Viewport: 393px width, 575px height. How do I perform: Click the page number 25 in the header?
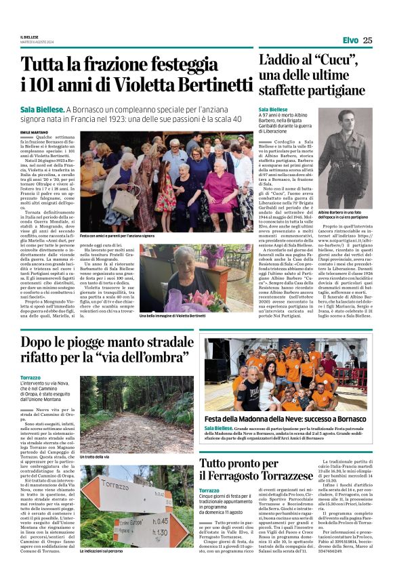pyautogui.click(x=367, y=40)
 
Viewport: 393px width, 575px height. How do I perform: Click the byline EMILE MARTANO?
pyautogui.click(x=35, y=132)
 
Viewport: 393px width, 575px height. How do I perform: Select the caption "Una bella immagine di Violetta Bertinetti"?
pyautogui.click(x=172, y=316)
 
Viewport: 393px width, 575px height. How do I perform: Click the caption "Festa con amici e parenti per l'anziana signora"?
pyautogui.click(x=119, y=235)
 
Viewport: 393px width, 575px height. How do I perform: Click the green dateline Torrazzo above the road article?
pyautogui.click(x=30, y=377)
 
